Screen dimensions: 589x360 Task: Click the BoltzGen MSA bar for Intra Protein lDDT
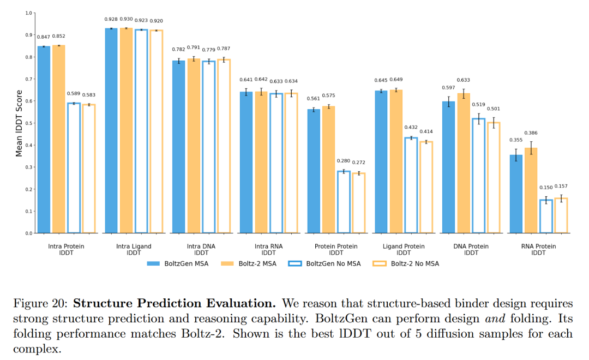coord(44,140)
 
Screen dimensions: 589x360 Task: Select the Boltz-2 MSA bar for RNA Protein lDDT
coord(531,190)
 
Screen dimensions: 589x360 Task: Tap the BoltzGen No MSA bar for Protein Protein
coord(344,202)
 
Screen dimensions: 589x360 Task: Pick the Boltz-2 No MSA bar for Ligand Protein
coord(426,187)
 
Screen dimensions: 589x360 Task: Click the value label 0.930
coord(126,19)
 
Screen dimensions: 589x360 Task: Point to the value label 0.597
coord(448,88)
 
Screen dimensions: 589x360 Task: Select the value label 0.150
coord(546,188)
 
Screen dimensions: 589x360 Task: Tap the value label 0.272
coord(358,163)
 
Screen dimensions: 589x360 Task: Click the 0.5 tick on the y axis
coord(29,123)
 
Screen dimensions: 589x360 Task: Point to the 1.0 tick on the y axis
coord(29,13)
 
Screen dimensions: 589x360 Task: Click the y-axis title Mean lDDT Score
coord(19,123)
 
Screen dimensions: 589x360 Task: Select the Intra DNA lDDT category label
coord(201,249)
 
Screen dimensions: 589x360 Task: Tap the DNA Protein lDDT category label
coord(471,249)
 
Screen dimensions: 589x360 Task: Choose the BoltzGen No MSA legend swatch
coord(295,264)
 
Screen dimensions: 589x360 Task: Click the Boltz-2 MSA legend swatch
coord(227,264)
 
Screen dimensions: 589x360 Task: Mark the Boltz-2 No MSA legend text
coord(414,264)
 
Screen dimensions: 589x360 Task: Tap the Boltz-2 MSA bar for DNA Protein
coord(464,163)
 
